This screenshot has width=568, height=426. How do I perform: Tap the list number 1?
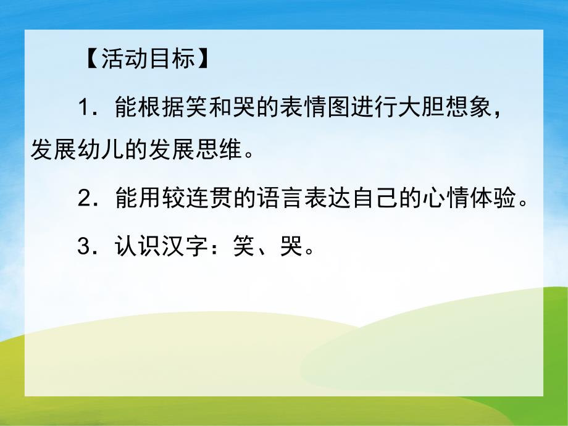pyautogui.click(x=85, y=109)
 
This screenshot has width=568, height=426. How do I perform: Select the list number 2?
pyautogui.click(x=85, y=199)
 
